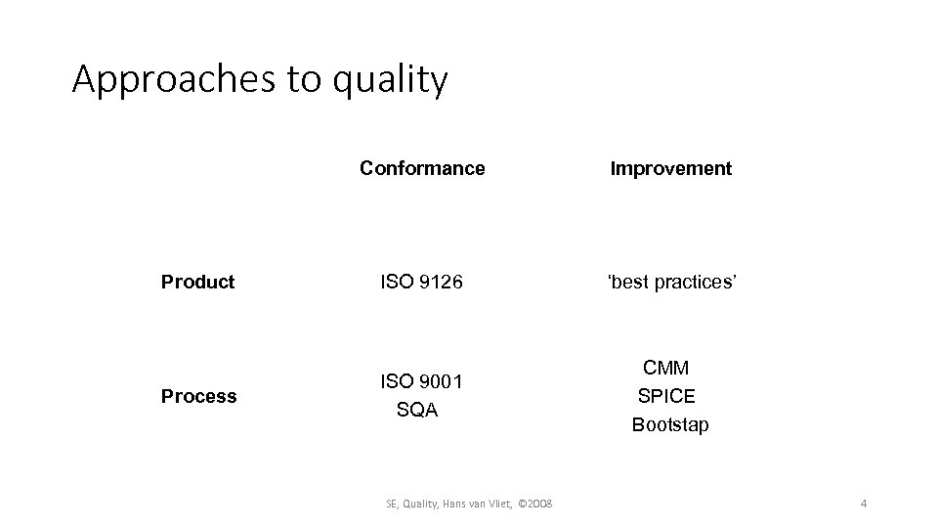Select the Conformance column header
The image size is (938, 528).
(x=422, y=168)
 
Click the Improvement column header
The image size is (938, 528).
(x=670, y=168)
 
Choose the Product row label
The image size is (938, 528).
(x=198, y=282)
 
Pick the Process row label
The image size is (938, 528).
(x=199, y=396)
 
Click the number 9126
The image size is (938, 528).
(x=439, y=282)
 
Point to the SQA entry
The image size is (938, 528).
(x=417, y=411)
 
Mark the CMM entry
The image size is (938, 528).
(x=665, y=369)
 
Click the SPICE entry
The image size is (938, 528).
(x=666, y=397)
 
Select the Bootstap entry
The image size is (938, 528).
(x=670, y=425)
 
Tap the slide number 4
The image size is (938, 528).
(x=864, y=504)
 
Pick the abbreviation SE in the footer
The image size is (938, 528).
(x=393, y=504)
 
